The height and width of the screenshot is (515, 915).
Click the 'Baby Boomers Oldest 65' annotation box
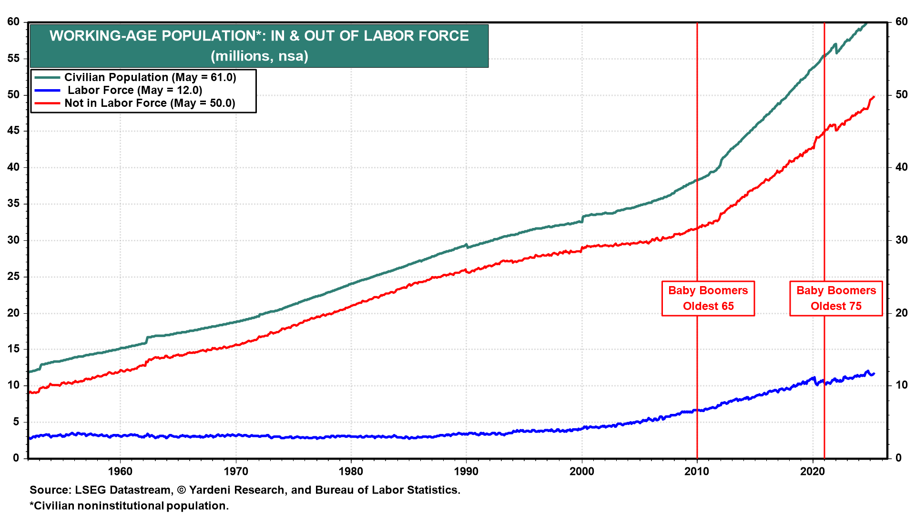(708, 299)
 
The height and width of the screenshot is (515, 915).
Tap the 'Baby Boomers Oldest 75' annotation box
(836, 299)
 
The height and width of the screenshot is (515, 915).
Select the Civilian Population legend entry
(150, 77)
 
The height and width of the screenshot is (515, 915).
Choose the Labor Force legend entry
(134, 90)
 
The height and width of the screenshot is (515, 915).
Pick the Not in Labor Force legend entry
(150, 103)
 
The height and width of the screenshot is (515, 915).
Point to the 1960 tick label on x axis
(120, 472)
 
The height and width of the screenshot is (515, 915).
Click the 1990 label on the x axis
(466, 472)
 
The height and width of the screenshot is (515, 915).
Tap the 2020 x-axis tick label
(812, 472)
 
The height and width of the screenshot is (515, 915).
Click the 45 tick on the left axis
(13, 131)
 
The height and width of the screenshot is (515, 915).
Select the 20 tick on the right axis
(902, 313)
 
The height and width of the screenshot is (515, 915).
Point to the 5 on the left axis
(16, 422)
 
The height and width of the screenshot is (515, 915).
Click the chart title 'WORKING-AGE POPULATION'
(259, 36)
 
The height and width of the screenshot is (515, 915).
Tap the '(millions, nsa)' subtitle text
(259, 56)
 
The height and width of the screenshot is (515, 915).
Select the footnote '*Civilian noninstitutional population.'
(129, 506)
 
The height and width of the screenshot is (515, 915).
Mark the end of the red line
(874, 97)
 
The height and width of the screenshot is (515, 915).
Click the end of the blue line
(874, 374)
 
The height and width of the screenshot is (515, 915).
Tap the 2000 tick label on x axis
(582, 472)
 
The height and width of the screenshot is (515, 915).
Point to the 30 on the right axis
(902, 240)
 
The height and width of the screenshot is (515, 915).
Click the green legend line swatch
(47, 77)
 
